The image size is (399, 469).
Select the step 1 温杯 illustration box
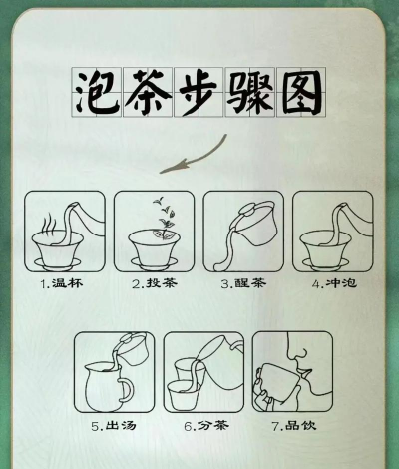tap(64, 231)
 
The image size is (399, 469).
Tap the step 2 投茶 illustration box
tap(154, 231)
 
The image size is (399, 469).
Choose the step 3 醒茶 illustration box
tap(243, 231)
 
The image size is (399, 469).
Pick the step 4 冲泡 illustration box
tap(333, 231)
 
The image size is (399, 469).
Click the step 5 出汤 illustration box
tap(114, 372)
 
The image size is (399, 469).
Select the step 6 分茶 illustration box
tap(202, 372)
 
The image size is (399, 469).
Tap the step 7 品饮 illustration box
tap(291, 372)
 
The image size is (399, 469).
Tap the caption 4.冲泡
tap(333, 283)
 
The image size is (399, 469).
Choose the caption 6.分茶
tap(202, 426)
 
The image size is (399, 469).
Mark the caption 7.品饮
tap(291, 426)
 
